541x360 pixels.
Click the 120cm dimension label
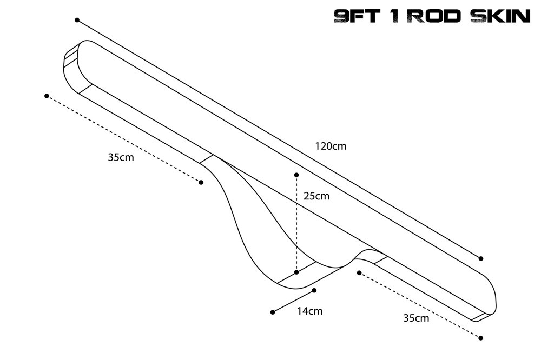click(330, 146)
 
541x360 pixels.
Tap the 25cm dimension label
click(316, 196)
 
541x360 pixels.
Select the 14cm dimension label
click(309, 311)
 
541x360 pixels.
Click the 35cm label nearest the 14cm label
click(416, 318)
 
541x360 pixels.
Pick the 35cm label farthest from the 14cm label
click(121, 158)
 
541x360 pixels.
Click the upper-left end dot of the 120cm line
click(77, 20)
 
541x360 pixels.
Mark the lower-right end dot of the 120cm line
click(480, 258)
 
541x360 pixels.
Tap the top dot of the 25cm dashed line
click(296, 175)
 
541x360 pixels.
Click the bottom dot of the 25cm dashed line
click(296, 272)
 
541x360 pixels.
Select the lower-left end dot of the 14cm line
click(273, 312)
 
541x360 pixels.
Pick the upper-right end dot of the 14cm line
click(314, 290)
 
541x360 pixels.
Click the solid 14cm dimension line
click(293, 302)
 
